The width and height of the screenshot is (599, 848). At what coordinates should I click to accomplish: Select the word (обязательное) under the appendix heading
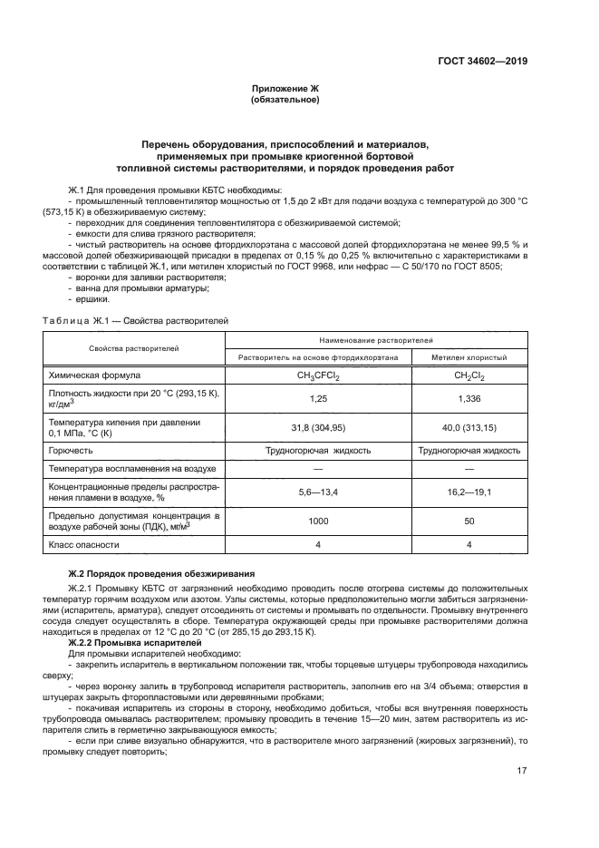click(x=285, y=100)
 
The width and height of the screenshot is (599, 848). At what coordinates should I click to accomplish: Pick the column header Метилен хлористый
click(x=469, y=358)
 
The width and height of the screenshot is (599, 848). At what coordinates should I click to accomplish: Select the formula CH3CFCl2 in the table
click(x=318, y=375)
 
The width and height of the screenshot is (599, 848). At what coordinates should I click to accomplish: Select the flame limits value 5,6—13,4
click(x=318, y=491)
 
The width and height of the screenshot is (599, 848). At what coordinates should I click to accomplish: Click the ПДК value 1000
click(x=318, y=521)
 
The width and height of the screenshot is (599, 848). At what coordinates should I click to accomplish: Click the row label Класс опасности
click(x=83, y=545)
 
